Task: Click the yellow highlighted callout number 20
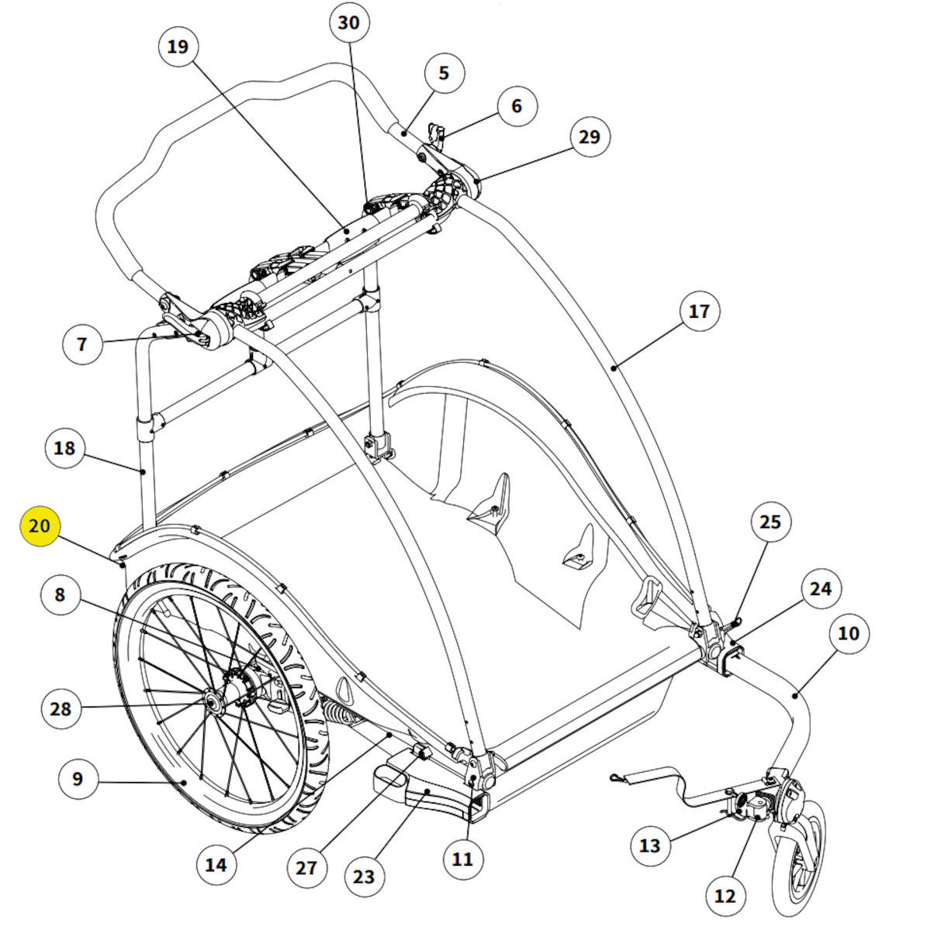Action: [x=40, y=526]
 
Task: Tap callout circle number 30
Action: [x=349, y=23]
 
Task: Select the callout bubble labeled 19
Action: [x=178, y=47]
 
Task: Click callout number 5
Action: [x=444, y=74]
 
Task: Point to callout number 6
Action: [x=517, y=106]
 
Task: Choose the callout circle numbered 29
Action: [x=590, y=137]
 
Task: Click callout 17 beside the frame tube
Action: [x=699, y=312]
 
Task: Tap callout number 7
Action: [x=82, y=343]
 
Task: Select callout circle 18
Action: [x=65, y=448]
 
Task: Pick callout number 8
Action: [x=60, y=595]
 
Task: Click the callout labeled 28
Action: [x=60, y=708]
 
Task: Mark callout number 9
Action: [x=77, y=778]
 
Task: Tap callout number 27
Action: [x=306, y=867]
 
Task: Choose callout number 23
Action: [x=363, y=877]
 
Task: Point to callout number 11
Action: [x=462, y=859]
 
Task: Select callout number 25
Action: [x=770, y=522]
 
